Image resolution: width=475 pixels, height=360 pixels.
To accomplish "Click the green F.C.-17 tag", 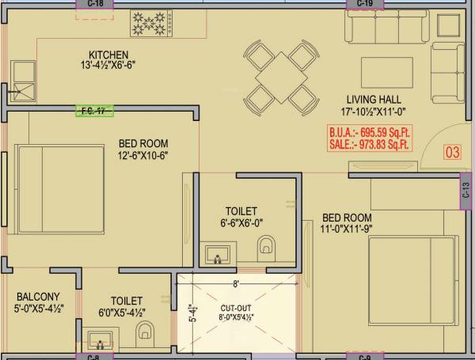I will (94, 112).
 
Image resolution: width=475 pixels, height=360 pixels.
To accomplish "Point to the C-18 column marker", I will (95, 4).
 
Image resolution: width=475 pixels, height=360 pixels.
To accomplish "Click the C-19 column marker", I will (365, 4).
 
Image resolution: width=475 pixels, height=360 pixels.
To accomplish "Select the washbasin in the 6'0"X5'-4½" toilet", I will (98, 342).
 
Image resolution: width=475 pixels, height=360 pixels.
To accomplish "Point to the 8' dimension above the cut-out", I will (235, 282).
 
